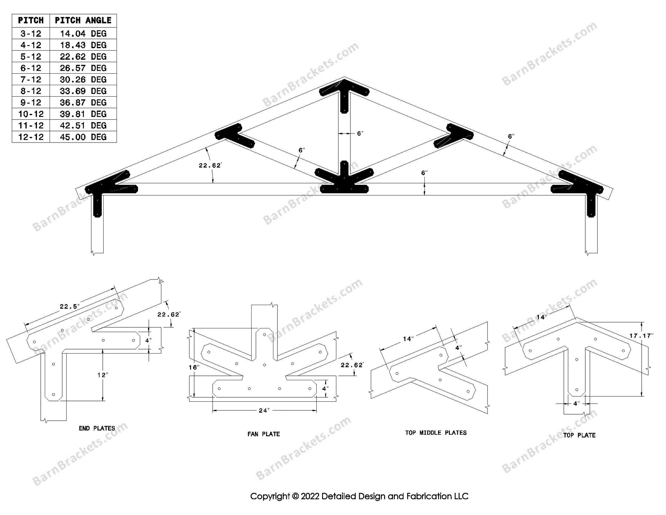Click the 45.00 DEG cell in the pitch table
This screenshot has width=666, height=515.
pyautogui.click(x=83, y=137)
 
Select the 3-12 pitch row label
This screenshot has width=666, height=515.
pyautogui.click(x=31, y=34)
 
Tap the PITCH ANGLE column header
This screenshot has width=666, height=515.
pyautogui.click(x=83, y=20)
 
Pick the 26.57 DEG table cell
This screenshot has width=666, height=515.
pyautogui.click(x=83, y=68)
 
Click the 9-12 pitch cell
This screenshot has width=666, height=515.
pyautogui.click(x=31, y=103)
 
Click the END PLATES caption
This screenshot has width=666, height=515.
pyautogui.click(x=97, y=428)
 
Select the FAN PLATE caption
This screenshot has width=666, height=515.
pyautogui.click(x=263, y=434)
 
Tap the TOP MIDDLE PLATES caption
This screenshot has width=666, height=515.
pyautogui.click(x=435, y=432)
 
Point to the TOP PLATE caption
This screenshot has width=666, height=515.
pyautogui.click(x=579, y=435)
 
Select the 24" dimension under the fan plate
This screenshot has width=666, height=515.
pyautogui.click(x=264, y=410)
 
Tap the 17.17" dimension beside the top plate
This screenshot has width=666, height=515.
pyautogui.click(x=641, y=336)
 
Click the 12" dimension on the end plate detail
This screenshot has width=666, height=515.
pyautogui.click(x=103, y=375)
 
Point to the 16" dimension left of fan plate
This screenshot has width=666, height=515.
pyautogui.click(x=194, y=368)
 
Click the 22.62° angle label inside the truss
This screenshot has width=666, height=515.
pyautogui.click(x=210, y=165)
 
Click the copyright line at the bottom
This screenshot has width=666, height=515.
pyautogui.click(x=359, y=496)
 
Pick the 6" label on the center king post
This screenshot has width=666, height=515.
pyautogui.click(x=360, y=134)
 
